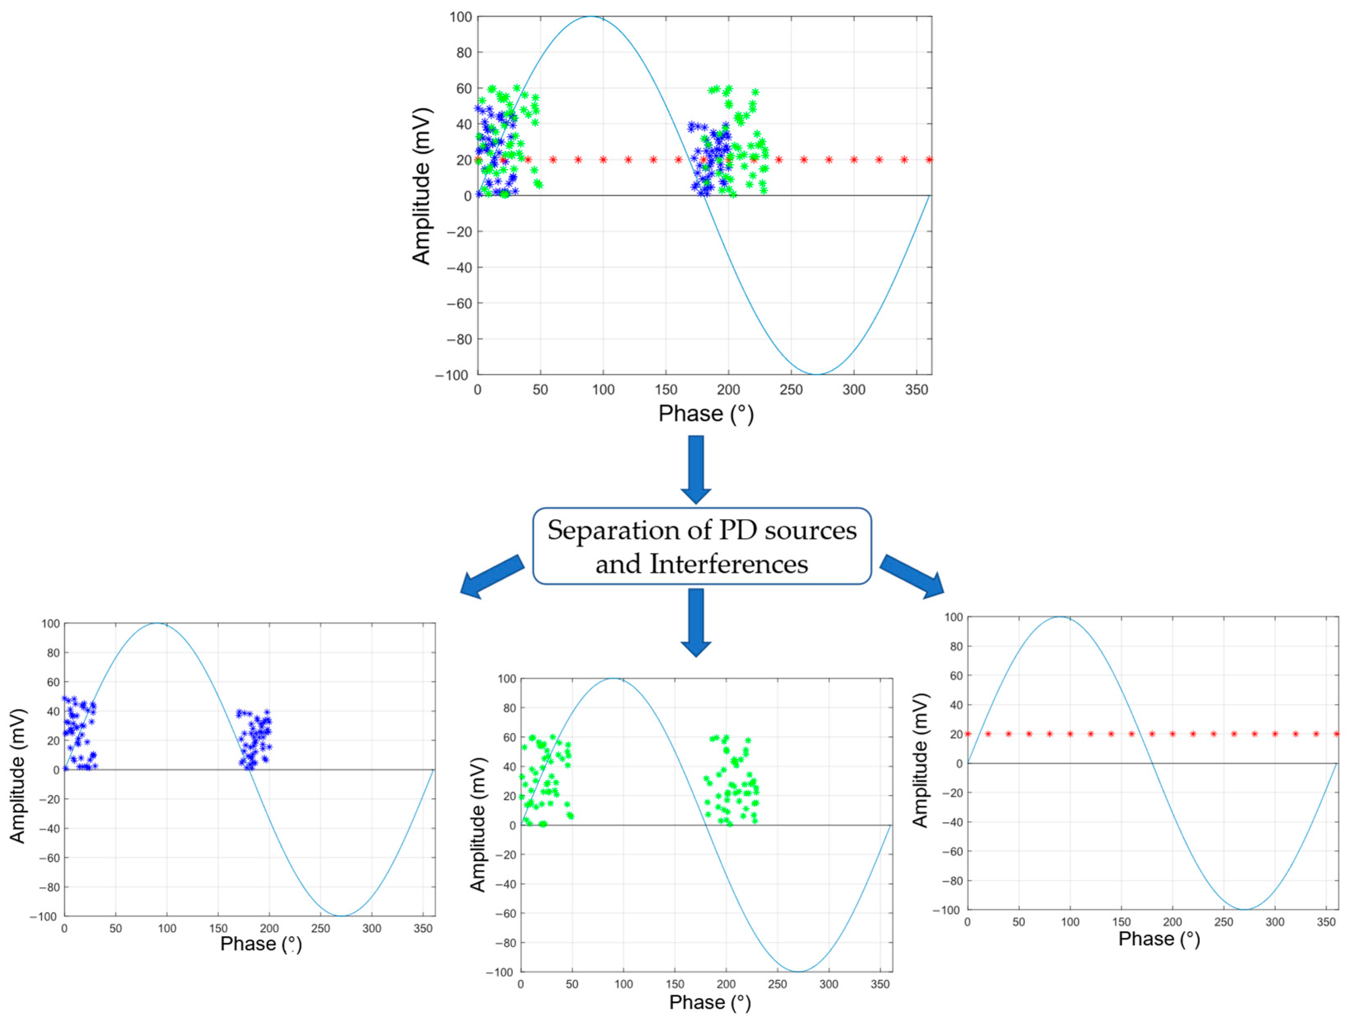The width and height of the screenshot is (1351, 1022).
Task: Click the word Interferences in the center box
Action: (x=729, y=564)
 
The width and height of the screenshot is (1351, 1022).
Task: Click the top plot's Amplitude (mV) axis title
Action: (x=421, y=186)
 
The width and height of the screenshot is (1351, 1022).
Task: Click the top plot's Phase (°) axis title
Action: (x=705, y=414)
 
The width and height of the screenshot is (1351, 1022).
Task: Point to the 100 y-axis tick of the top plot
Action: (x=461, y=17)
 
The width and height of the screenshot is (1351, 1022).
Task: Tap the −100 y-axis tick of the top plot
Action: (x=451, y=375)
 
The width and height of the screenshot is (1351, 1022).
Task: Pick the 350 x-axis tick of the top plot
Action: (x=916, y=389)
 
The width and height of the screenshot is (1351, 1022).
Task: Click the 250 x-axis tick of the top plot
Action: (x=791, y=389)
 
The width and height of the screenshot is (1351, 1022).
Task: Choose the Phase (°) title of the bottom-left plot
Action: (x=261, y=944)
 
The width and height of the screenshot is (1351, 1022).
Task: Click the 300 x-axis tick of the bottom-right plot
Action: (x=1275, y=922)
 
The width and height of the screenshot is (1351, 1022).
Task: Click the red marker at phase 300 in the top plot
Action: (x=854, y=160)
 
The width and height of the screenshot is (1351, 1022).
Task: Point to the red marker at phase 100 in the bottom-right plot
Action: (x=1070, y=734)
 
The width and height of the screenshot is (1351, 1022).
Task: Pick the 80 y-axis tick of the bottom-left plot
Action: (x=53, y=653)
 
